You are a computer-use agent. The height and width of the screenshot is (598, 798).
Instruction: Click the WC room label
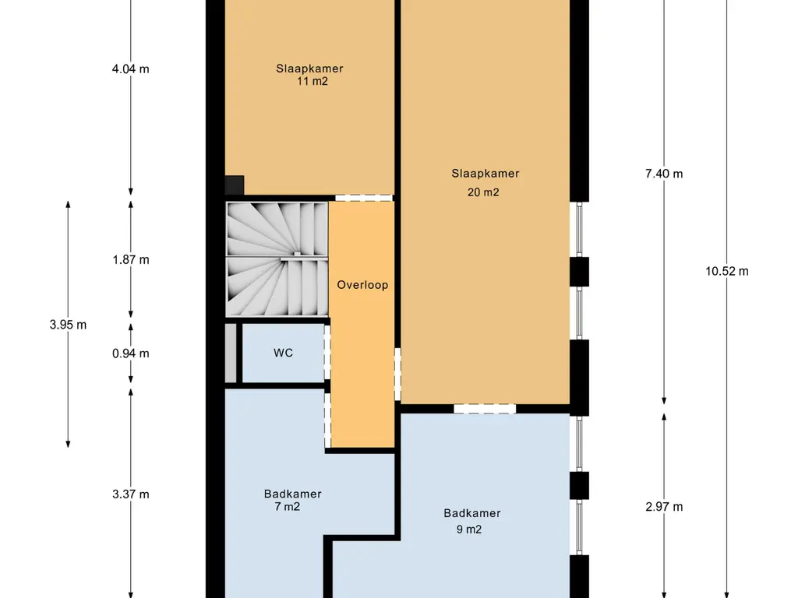pyautogui.click(x=283, y=353)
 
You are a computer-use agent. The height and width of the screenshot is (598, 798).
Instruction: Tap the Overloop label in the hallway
pyautogui.click(x=362, y=285)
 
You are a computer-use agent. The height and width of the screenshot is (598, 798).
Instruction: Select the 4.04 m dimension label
pyautogui.click(x=131, y=69)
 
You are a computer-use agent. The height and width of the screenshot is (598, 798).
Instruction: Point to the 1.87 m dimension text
pyautogui.click(x=131, y=260)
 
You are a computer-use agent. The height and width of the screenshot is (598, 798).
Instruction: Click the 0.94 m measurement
pyautogui.click(x=131, y=354)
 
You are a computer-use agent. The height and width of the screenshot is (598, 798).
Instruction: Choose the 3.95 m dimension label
pyautogui.click(x=69, y=325)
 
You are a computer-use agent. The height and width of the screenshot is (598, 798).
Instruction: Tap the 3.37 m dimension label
pyautogui.click(x=131, y=494)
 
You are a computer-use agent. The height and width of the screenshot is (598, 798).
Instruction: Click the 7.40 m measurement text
pyautogui.click(x=664, y=174)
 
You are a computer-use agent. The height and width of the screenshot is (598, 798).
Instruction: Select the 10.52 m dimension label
pyautogui.click(x=727, y=272)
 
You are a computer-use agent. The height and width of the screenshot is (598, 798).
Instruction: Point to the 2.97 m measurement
pyautogui.click(x=664, y=507)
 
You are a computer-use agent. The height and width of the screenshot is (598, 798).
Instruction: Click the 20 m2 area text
pyautogui.click(x=483, y=192)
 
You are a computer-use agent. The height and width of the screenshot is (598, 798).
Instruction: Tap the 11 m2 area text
pyautogui.click(x=312, y=81)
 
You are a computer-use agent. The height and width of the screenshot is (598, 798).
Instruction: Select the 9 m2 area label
pyautogui.click(x=469, y=529)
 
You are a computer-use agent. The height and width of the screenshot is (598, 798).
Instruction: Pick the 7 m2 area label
pyautogui.click(x=288, y=507)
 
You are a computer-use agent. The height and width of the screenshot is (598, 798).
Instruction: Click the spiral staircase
pyautogui.click(x=277, y=259)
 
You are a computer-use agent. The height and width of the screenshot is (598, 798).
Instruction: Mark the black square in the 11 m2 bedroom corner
pyautogui.click(x=235, y=185)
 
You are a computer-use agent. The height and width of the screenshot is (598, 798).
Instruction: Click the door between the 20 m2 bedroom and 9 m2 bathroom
pyautogui.click(x=485, y=409)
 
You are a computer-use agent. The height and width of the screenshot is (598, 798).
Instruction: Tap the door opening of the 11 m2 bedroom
pyautogui.click(x=364, y=198)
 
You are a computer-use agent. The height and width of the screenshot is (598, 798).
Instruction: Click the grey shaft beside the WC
pyautogui.click(x=231, y=354)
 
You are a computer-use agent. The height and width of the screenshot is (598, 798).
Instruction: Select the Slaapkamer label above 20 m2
pyautogui.click(x=486, y=174)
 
